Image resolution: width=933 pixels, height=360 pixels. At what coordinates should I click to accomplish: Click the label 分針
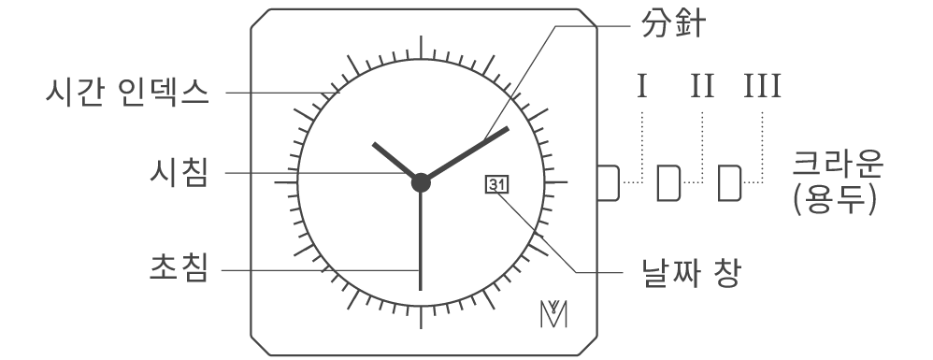pyautogui.click(x=673, y=25)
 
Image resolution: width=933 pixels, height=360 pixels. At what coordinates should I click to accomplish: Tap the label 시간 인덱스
pyautogui.click(x=128, y=93)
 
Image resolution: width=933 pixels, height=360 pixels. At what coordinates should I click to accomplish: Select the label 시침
pyautogui.click(x=179, y=173)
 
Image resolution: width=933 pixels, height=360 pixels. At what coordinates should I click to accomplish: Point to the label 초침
pyautogui.click(x=179, y=267)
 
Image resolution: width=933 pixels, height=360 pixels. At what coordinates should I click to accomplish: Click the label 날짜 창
pyautogui.click(x=692, y=273)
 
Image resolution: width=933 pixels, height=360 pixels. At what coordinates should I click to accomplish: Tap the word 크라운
pyautogui.click(x=838, y=163)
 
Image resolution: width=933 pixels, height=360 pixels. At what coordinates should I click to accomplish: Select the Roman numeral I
pyautogui.click(x=641, y=86)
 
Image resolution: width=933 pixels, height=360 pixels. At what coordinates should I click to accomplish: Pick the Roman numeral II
pyautogui.click(x=702, y=86)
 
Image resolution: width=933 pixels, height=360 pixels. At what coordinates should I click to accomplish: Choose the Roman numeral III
pyautogui.click(x=762, y=86)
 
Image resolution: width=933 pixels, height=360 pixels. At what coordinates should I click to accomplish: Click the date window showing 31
pyautogui.click(x=497, y=185)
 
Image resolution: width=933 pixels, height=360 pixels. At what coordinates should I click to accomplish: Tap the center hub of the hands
pyautogui.click(x=421, y=182)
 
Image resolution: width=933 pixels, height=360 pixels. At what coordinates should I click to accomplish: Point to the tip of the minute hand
pyautogui.click(x=508, y=128)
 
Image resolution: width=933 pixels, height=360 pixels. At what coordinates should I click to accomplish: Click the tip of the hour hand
pyautogui.click(x=374, y=144)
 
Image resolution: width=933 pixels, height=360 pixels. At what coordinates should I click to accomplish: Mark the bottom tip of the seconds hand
pyautogui.click(x=421, y=289)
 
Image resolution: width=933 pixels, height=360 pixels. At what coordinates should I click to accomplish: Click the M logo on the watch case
pyautogui.click(x=553, y=314)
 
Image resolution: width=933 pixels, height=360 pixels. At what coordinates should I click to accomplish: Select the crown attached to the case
pyautogui.click(x=609, y=182)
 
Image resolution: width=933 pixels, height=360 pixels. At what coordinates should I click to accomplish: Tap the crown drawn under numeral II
pyautogui.click(x=668, y=182)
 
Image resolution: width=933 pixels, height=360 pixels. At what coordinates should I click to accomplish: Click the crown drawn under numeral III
pyautogui.click(x=729, y=182)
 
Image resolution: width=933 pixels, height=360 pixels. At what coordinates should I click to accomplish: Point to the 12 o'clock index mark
pyautogui.click(x=421, y=48)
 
